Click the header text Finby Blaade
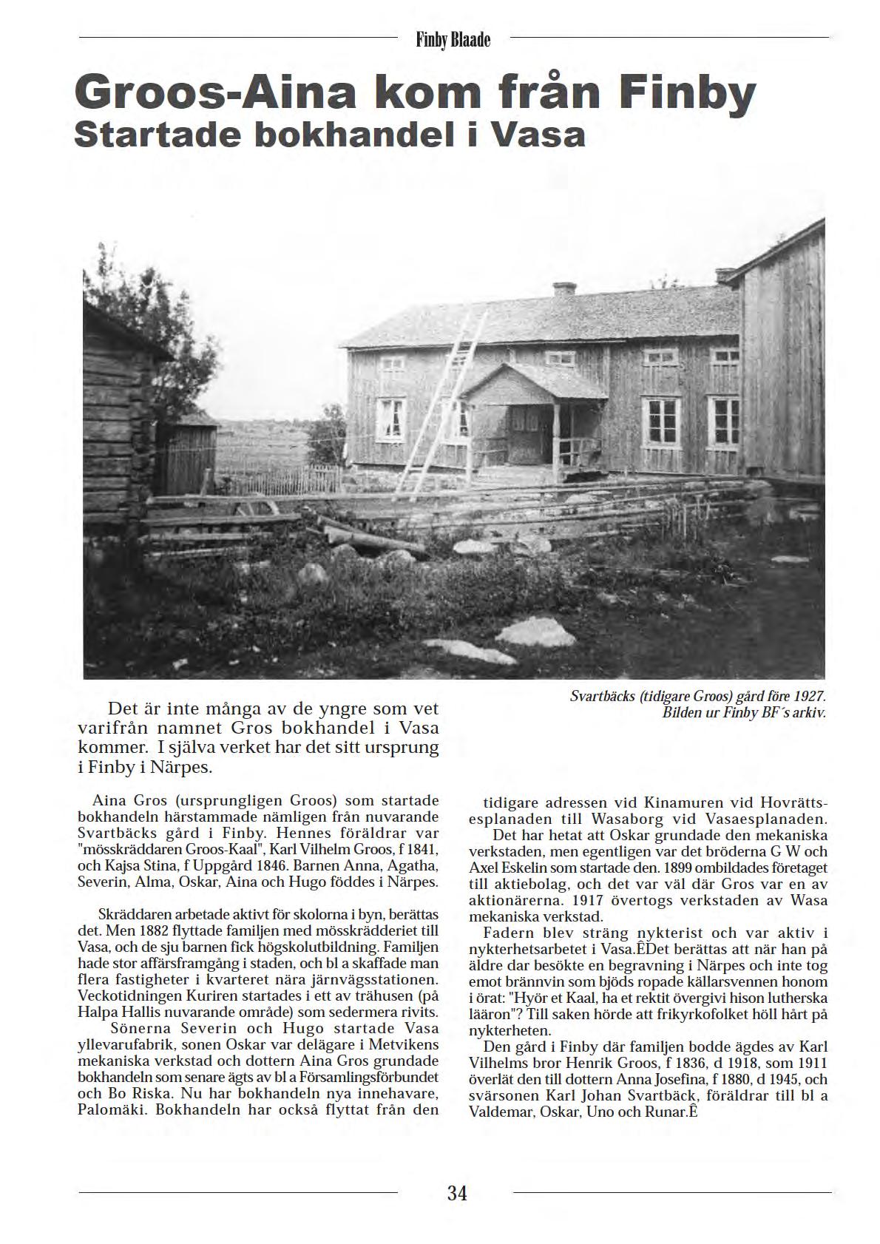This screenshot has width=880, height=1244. [x=453, y=39]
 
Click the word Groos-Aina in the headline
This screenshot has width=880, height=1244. [x=197, y=94]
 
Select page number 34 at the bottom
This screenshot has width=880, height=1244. [x=457, y=1192]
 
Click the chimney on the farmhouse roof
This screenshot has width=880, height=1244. [x=564, y=289]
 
